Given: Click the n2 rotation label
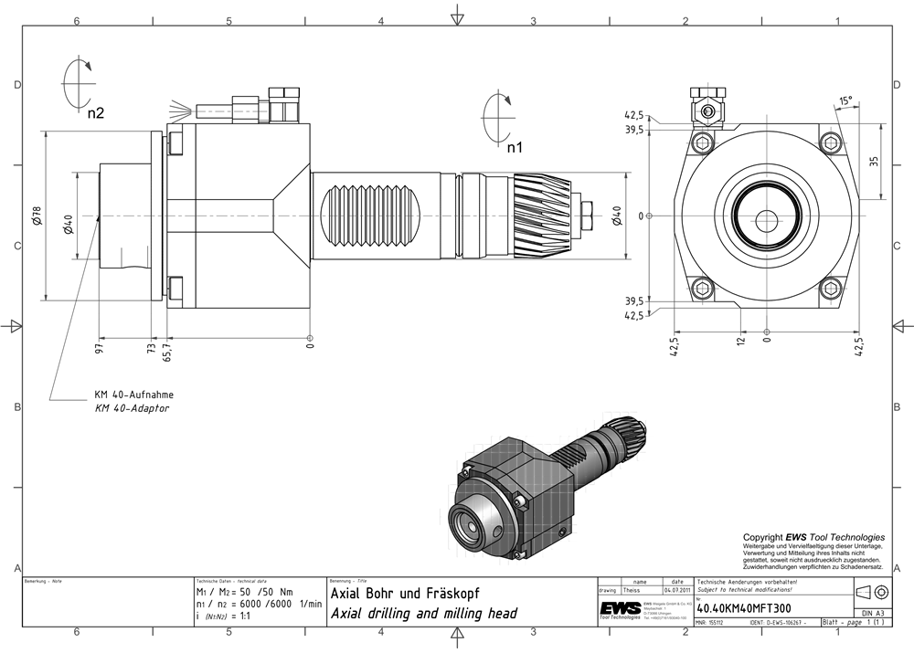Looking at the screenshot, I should tap(96, 113).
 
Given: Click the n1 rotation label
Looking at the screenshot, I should tap(515, 147).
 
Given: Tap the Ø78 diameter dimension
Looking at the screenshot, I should tap(37, 215).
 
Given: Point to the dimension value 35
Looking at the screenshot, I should tap(875, 162).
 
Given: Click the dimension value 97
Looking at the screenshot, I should tap(99, 346).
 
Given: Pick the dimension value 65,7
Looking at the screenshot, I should tap(166, 350).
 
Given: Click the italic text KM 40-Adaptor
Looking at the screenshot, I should tap(132, 408).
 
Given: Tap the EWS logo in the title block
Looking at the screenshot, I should tap(620, 609).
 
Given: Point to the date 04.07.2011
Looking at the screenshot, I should tap(676, 590).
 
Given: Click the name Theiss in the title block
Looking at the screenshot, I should tap(632, 590).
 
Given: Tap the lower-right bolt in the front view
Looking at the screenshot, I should tap(831, 290).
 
